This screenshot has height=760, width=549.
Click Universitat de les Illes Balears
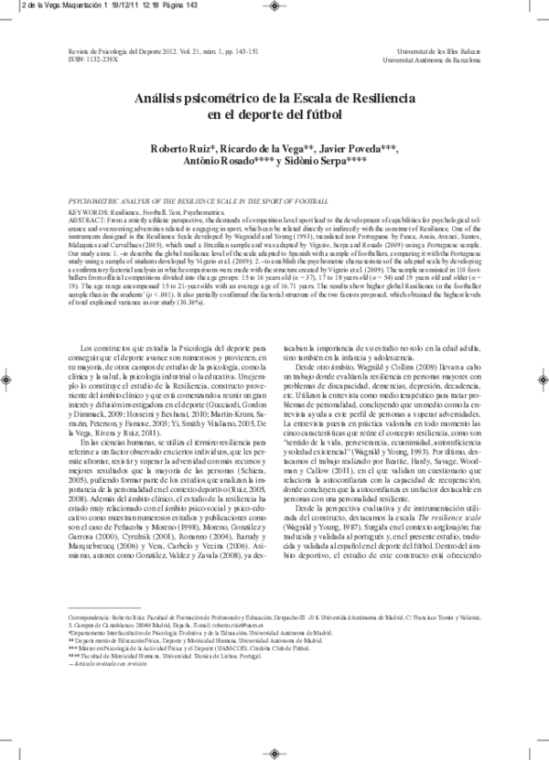tap(447, 52)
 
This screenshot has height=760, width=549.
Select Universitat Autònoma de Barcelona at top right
tap(441, 59)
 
